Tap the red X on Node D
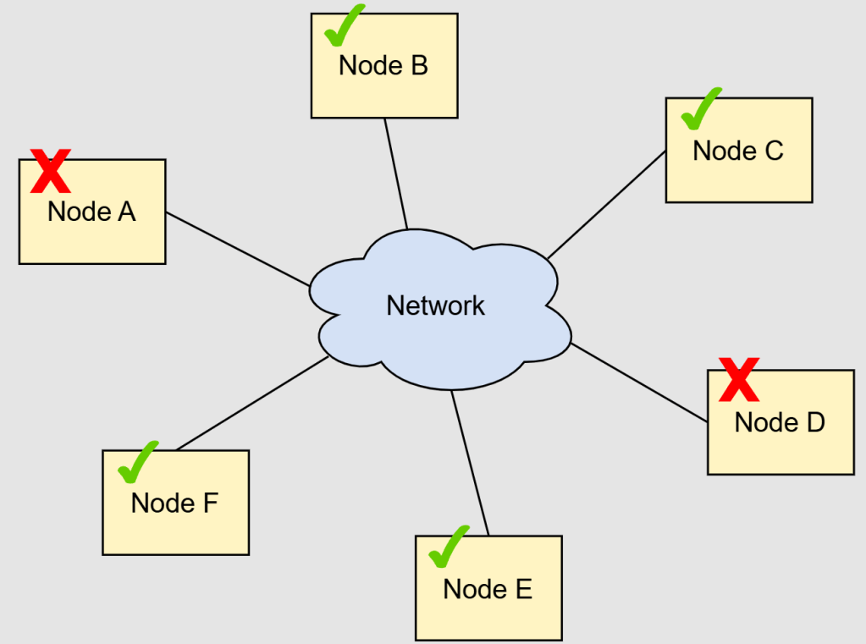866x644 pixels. pyautogui.click(x=739, y=379)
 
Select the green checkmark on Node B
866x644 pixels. pyautogui.click(x=343, y=26)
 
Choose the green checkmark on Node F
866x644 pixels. pyautogui.click(x=137, y=462)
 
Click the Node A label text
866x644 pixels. pyautogui.click(x=91, y=212)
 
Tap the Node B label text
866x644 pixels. pyautogui.click(x=383, y=65)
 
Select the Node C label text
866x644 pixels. pyautogui.click(x=738, y=151)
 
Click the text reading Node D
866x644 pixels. pyautogui.click(x=780, y=421)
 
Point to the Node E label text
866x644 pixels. pyautogui.click(x=488, y=588)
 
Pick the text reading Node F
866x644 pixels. pyautogui.click(x=174, y=503)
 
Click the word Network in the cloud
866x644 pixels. pyautogui.click(x=436, y=305)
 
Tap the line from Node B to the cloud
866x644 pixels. pyautogui.click(x=396, y=173)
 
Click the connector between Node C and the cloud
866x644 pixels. pyautogui.click(x=606, y=206)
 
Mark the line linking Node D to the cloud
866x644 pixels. pyautogui.click(x=639, y=383)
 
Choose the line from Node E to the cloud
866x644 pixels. pyautogui.click(x=471, y=464)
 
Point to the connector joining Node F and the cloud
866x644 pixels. pyautogui.click(x=252, y=403)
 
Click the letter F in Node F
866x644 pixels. pyautogui.click(x=210, y=503)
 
